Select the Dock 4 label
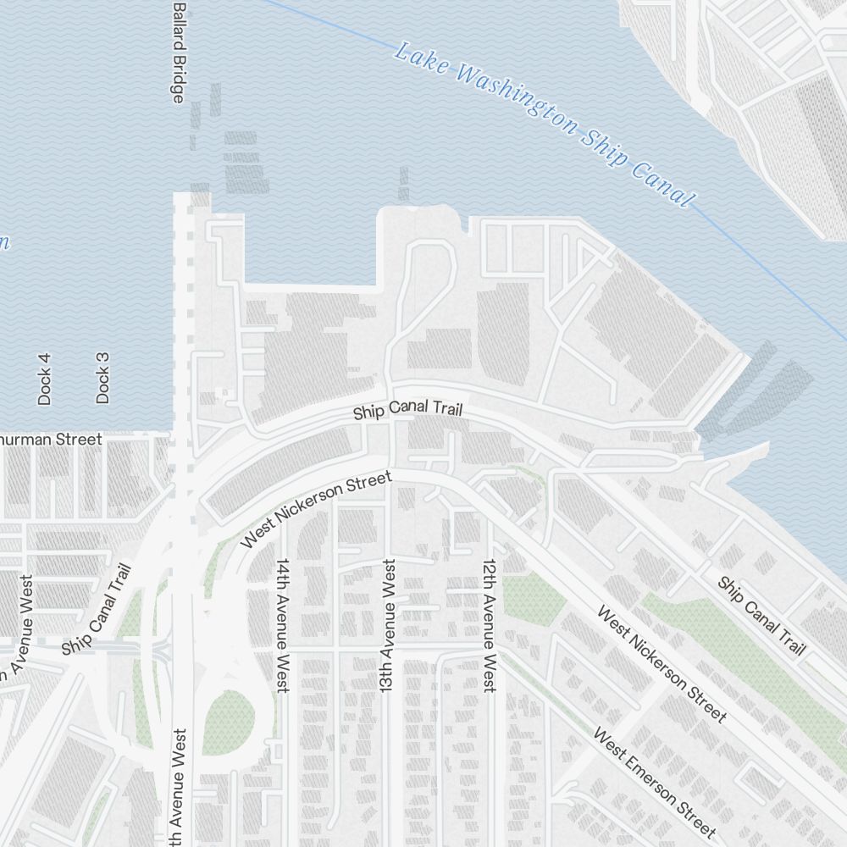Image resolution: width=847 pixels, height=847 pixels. [45, 379]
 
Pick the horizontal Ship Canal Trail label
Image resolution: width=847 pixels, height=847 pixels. [408, 411]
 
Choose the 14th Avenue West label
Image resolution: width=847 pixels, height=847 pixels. [283, 625]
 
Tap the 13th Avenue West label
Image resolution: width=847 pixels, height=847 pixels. [389, 627]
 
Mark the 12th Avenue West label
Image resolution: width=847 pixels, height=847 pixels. [488, 625]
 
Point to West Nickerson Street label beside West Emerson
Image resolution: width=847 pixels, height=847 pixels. [662, 664]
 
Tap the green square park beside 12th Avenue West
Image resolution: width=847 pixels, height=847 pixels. [534, 596]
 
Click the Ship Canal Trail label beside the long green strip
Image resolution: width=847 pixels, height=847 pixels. [761, 616]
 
